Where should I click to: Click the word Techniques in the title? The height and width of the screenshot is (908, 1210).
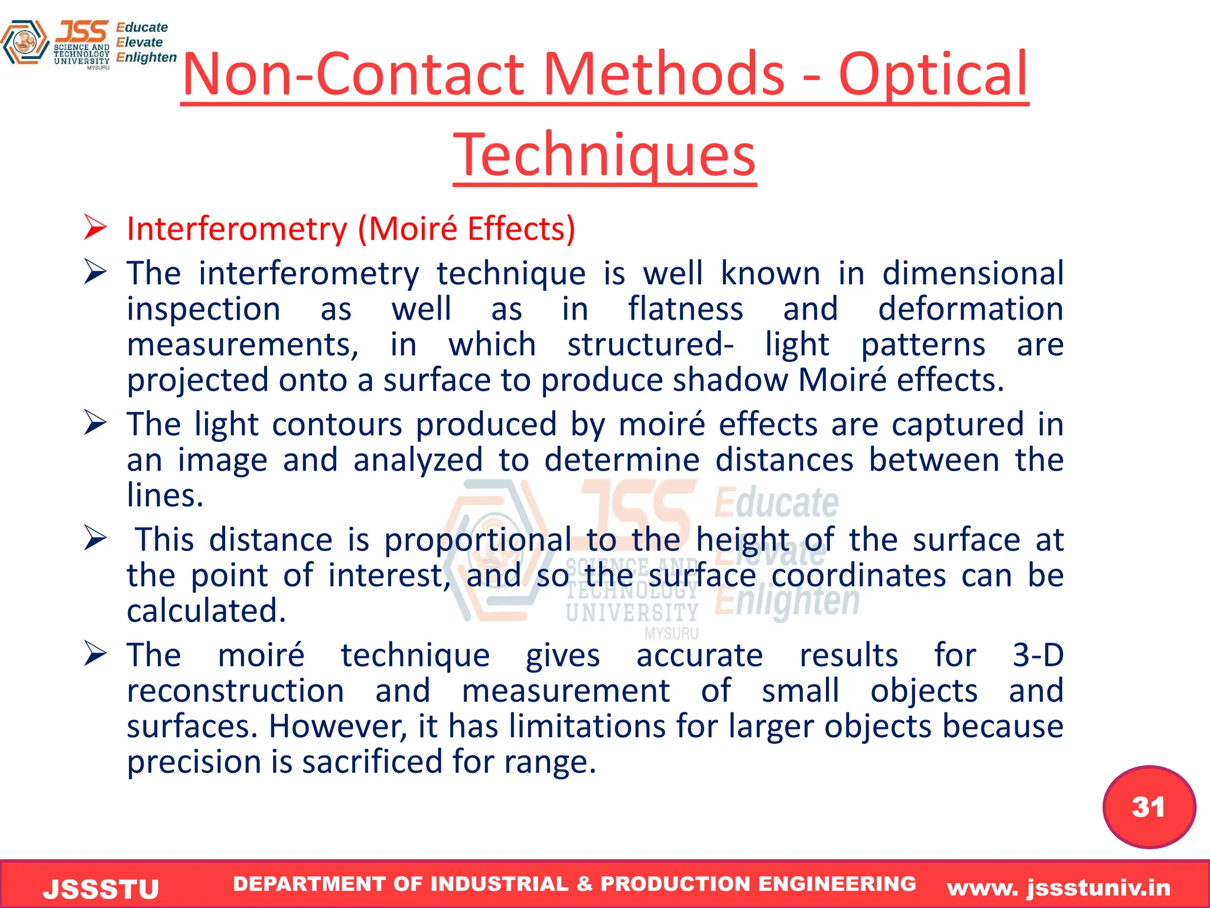click(x=604, y=155)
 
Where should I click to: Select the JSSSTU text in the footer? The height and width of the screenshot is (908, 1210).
click(x=101, y=889)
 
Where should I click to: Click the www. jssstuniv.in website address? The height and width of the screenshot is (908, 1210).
click(x=1059, y=887)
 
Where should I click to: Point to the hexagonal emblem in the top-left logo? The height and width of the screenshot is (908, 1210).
click(x=25, y=43)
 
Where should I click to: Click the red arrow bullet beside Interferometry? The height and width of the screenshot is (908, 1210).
click(x=95, y=228)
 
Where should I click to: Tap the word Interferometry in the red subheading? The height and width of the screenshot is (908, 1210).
click(x=237, y=229)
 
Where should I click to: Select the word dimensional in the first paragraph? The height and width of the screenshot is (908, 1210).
click(x=972, y=273)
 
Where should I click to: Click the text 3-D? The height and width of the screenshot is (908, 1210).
click(x=1038, y=655)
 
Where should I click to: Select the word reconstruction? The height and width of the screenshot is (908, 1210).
click(x=235, y=690)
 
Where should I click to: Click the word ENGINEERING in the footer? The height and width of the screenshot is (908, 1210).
click(x=837, y=884)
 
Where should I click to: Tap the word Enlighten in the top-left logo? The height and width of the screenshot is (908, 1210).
click(x=146, y=57)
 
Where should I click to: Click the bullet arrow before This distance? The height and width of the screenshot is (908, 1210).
click(x=95, y=539)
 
